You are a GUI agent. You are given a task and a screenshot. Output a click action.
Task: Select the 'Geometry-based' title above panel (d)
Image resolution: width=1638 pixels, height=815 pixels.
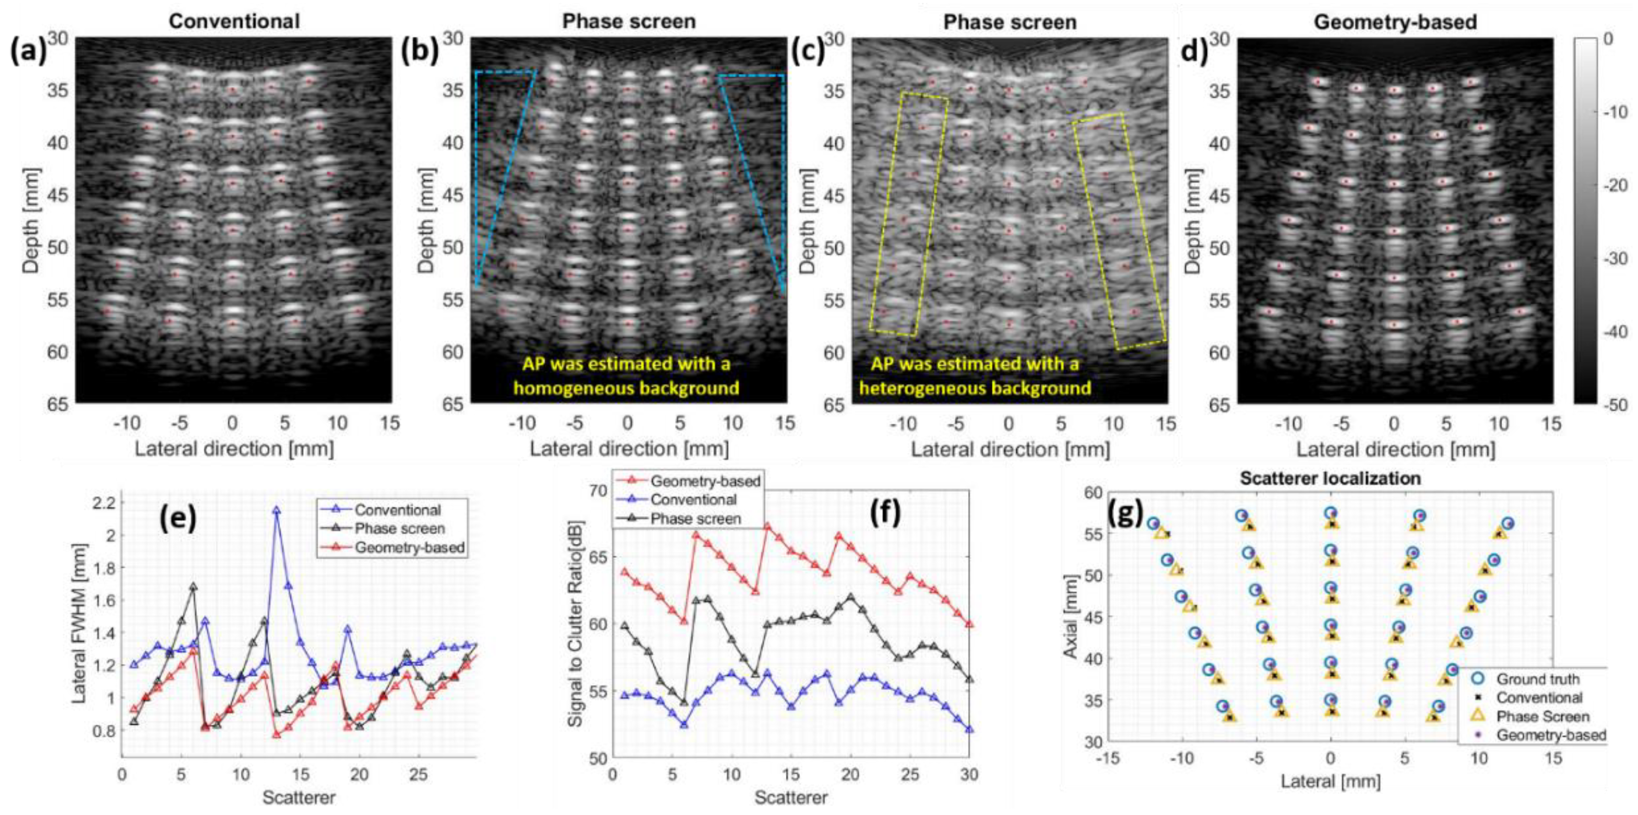coord(1395,22)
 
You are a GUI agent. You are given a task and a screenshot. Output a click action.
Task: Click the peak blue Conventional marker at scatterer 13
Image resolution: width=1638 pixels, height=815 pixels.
coord(276,510)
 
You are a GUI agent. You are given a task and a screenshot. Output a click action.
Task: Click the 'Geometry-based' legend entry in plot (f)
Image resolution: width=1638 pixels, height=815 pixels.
coord(687,481)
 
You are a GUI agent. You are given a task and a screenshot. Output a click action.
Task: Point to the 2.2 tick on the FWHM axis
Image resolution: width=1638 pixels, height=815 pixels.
coord(103,503)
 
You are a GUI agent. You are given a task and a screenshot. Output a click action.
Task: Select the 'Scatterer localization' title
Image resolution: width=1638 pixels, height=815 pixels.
coord(1330,478)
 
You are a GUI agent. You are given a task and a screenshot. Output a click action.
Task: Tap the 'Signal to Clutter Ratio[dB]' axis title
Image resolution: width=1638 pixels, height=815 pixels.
coord(575,630)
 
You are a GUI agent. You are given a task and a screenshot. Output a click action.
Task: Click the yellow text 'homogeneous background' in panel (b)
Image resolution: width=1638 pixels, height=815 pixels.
coord(627,388)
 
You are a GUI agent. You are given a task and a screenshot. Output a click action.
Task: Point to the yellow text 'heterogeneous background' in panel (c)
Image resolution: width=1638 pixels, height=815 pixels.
coord(976,388)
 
